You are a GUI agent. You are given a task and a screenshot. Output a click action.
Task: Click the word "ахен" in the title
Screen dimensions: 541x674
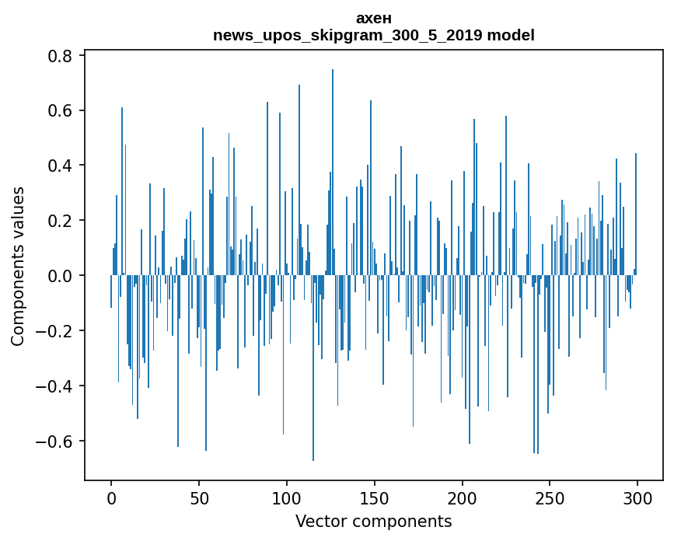[373, 19]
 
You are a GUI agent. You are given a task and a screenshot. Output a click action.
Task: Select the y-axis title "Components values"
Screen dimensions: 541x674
[18, 266]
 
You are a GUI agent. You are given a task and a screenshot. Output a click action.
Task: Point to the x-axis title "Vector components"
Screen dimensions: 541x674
[373, 521]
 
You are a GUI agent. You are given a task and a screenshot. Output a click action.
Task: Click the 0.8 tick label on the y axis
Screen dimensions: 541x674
[60, 56]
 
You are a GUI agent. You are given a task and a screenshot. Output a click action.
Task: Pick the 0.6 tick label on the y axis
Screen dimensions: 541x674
[60, 111]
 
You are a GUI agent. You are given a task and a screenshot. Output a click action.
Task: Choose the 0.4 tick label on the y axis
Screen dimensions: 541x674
[60, 166]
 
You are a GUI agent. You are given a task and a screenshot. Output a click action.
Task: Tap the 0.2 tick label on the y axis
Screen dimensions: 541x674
[60, 221]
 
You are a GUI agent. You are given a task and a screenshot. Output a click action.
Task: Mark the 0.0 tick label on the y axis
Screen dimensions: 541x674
[60, 276]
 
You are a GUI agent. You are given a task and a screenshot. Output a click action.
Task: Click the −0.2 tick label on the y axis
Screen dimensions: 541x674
[54, 331]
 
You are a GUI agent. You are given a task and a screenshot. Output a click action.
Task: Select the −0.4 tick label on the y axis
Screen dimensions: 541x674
[54, 386]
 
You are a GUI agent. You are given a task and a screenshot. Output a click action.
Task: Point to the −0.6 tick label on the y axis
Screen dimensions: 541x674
[54, 442]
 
